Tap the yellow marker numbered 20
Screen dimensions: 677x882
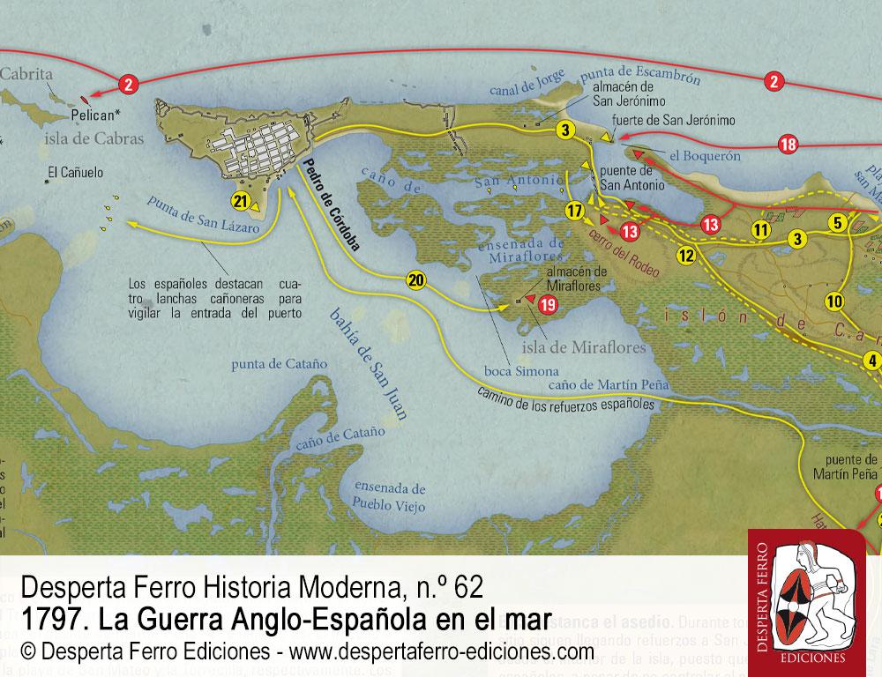pos(416,280)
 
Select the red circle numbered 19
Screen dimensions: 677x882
pos(548,305)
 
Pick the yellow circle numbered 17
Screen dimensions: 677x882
pos(574,211)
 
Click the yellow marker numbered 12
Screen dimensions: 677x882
pos(687,257)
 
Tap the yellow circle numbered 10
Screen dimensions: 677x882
pos(834,301)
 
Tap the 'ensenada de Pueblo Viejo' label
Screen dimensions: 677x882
pos(390,497)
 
